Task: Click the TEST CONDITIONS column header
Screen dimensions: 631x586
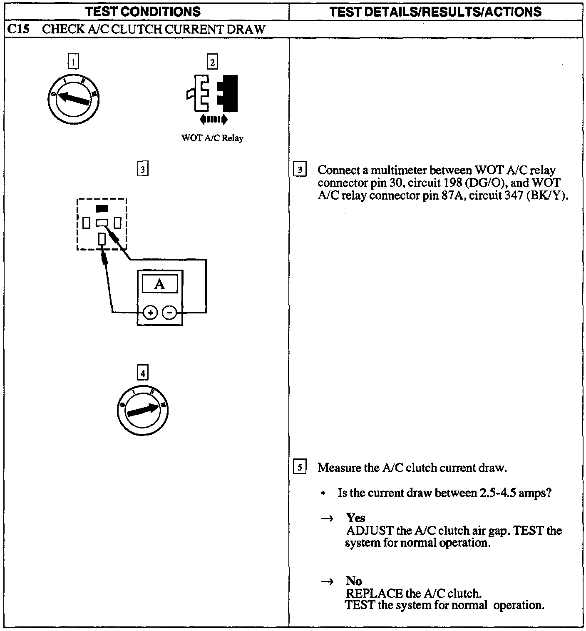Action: coord(143,11)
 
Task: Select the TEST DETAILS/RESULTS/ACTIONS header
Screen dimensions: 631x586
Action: coord(435,11)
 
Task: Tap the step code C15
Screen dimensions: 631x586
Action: coord(18,29)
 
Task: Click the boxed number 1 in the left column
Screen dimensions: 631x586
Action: coord(73,62)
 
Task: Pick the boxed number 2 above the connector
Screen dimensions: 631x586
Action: coord(212,62)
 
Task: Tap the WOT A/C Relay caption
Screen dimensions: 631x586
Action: coord(212,138)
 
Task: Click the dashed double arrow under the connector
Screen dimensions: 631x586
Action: coord(214,120)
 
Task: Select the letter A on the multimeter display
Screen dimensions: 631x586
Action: coord(159,284)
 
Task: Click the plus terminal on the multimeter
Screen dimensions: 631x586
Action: coord(150,312)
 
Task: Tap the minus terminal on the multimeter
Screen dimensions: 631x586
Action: coord(169,312)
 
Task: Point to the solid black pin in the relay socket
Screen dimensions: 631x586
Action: coord(102,208)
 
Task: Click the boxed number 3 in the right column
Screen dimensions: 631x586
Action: coord(300,170)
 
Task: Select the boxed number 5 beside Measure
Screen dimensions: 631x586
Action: coord(300,467)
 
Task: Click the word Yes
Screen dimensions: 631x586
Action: coord(355,518)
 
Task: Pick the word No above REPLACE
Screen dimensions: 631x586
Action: coord(354,581)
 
